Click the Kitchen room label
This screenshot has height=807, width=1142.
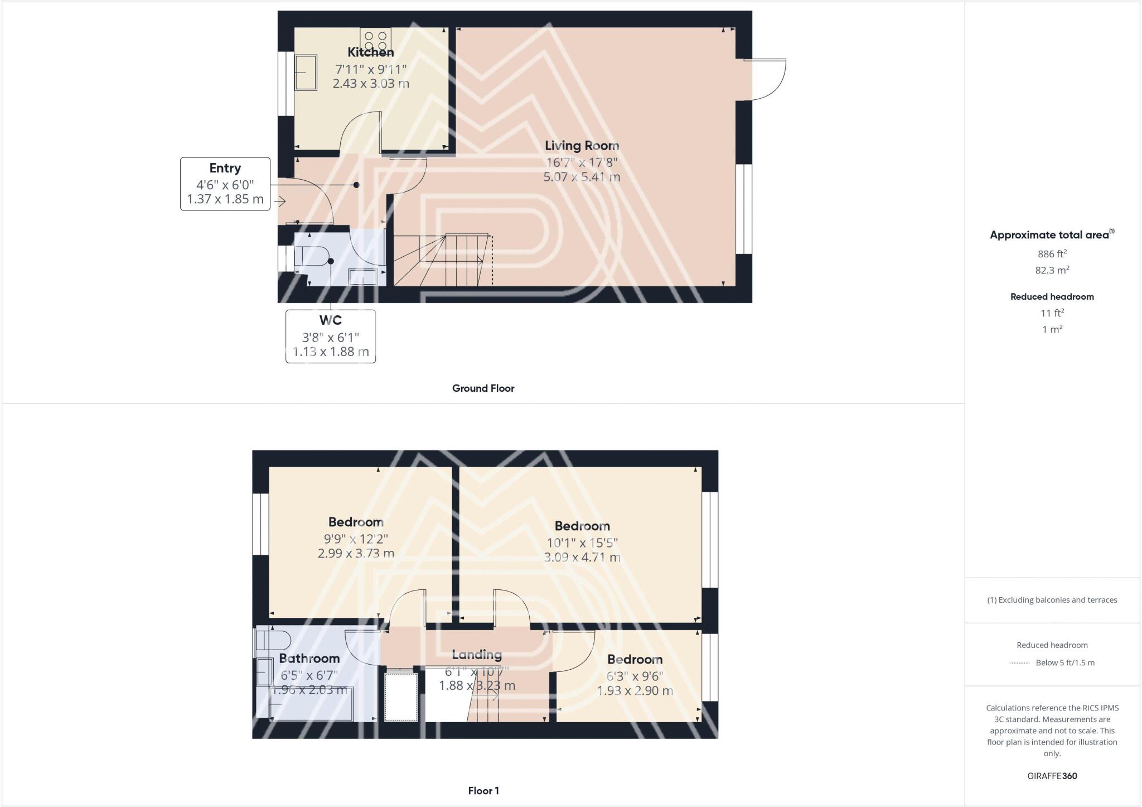370,52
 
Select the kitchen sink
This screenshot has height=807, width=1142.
306,72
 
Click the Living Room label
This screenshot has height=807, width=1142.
582,146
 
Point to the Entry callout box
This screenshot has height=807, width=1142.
225,184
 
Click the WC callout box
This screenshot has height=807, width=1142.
331,336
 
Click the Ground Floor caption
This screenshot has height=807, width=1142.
483,388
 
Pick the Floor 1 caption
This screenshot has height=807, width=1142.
483,791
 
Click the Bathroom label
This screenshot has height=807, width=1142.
309,659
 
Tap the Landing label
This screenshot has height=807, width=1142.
477,655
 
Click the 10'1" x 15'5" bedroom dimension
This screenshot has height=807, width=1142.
582,542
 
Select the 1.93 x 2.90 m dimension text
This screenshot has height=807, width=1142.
635,691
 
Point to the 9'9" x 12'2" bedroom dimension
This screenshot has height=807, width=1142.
356,539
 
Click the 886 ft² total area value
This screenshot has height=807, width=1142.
1052,254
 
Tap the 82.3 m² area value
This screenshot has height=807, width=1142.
1052,270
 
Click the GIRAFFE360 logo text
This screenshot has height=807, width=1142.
1052,776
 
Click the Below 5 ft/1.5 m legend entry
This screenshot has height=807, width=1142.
1064,663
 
